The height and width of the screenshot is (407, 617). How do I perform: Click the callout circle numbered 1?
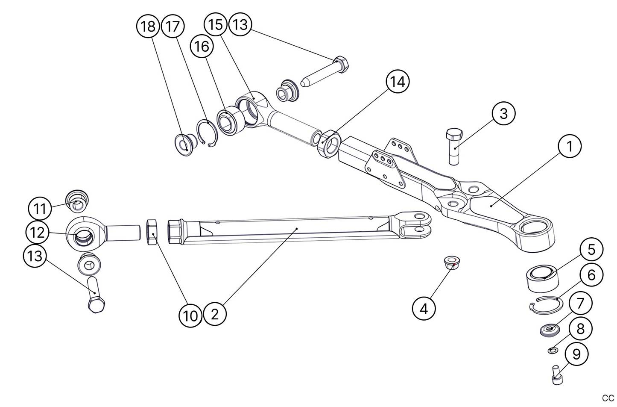coord(570,147)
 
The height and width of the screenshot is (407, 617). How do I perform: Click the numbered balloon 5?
coord(591,250)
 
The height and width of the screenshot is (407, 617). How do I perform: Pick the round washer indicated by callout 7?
coord(550,330)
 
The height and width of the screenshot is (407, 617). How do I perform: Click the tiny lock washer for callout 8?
coord(553,351)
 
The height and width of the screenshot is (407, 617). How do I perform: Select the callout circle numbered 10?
coord(190,316)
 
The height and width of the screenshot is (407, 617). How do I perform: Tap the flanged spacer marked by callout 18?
coord(185,146)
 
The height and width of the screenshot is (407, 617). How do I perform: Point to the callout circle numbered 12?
coord(38,233)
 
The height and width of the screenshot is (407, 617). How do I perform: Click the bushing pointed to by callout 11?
coord(77,201)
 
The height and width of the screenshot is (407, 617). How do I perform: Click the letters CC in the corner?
coord(607,398)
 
